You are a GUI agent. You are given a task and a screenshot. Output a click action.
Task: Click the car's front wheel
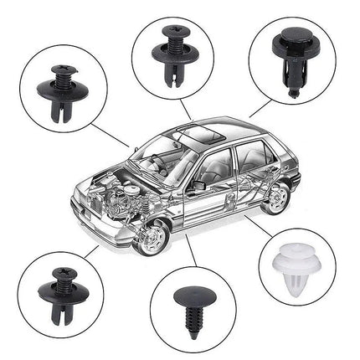(x=152, y=235)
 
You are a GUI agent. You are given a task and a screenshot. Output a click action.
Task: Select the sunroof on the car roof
(x=194, y=133)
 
